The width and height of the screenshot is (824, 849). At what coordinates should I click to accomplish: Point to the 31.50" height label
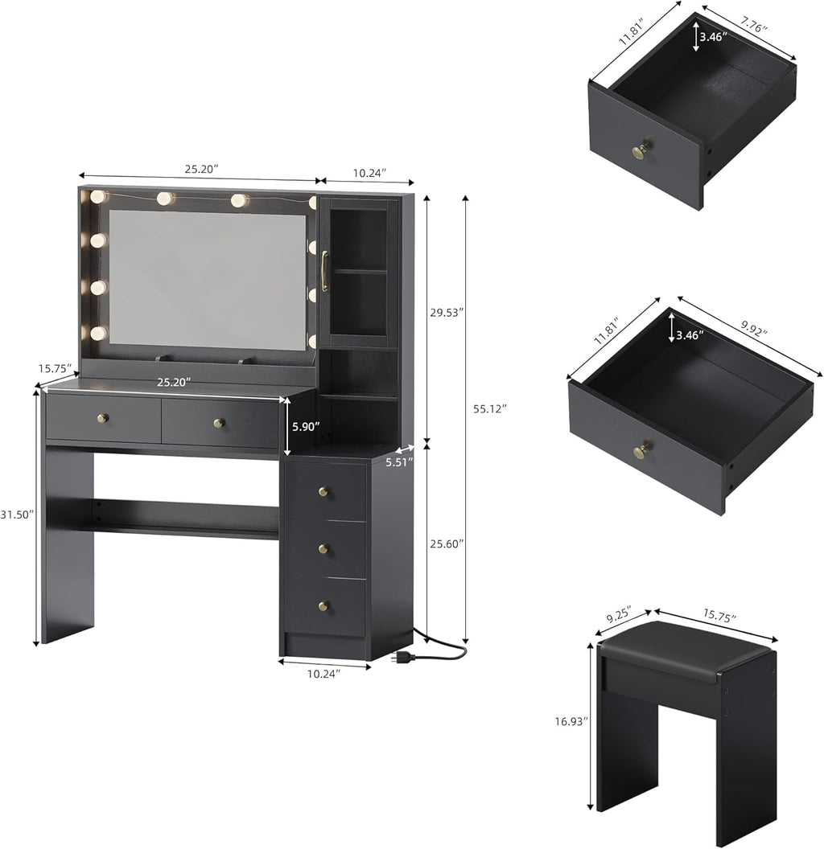point(17,515)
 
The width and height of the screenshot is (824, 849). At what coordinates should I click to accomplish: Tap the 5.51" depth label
point(399,462)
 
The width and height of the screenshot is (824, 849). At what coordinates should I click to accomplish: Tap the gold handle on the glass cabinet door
point(325,270)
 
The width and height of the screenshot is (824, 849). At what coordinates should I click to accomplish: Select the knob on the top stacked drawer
point(323,491)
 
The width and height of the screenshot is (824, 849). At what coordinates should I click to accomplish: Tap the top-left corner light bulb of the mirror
point(97,196)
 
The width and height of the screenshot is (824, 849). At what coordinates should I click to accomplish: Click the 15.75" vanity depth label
point(55,368)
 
